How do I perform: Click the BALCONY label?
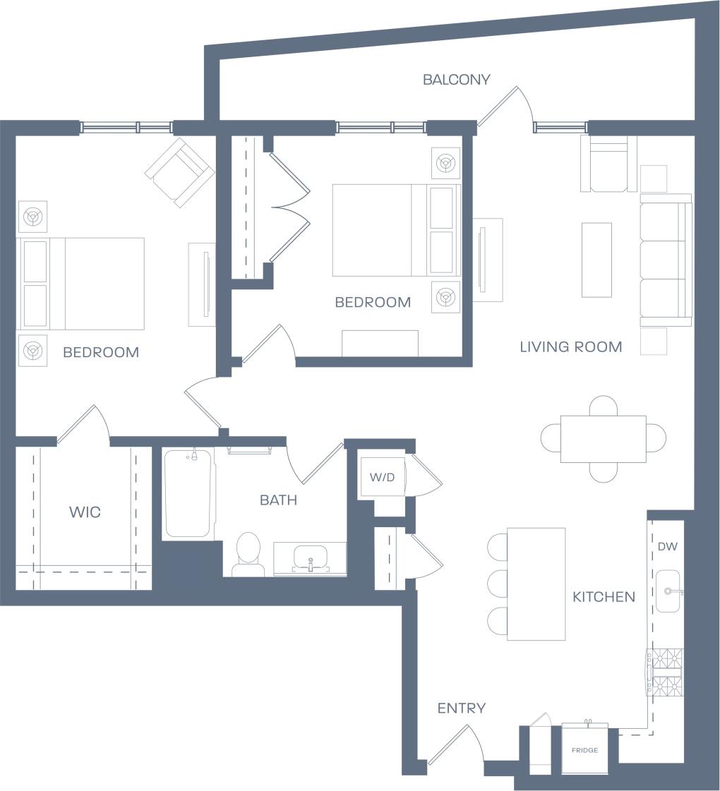coord(456,80)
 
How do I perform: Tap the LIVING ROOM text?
coord(570,346)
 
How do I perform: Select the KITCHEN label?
coord(604,597)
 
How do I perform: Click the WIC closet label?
coord(85,512)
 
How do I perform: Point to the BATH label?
coord(278,500)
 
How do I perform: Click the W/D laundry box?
coord(381,477)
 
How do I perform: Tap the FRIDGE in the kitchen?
coord(584,749)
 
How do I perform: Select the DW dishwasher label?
coord(667,546)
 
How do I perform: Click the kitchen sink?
coord(668,591)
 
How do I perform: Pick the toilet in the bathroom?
coord(248,553)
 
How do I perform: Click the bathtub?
coord(188,493)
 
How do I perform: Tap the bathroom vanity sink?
coord(310,557)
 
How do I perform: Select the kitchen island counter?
coord(536,584)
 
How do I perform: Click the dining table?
coord(603,438)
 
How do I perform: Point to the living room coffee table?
coord(596,260)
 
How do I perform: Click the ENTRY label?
coord(461,708)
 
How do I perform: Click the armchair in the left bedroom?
coord(180,172)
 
